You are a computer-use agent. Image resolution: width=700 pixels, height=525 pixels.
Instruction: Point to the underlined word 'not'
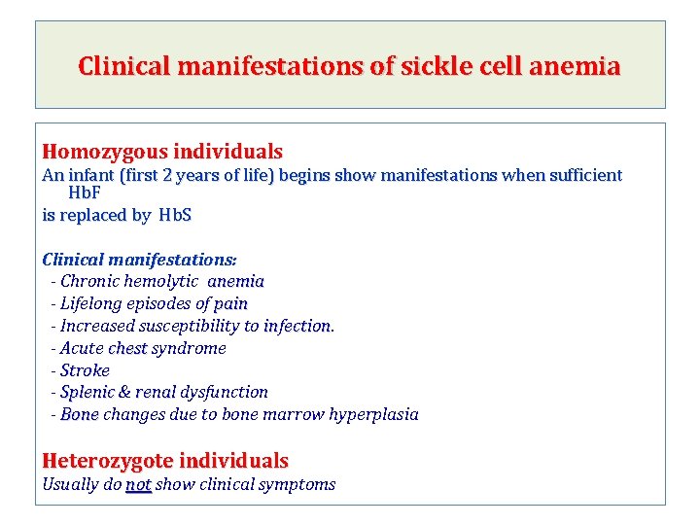[x=139, y=484]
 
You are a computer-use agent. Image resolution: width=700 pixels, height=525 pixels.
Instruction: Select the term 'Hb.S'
[x=172, y=215]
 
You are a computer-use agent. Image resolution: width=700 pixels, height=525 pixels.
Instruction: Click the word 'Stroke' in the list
[x=85, y=370]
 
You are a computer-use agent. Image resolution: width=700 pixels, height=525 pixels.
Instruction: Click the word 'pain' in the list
[x=230, y=303]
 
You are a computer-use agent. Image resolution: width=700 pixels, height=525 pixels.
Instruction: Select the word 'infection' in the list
[x=297, y=326]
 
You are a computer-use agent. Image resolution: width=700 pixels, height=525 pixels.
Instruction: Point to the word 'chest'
[x=127, y=348]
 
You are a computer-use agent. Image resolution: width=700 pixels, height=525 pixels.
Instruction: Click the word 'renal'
[x=156, y=392]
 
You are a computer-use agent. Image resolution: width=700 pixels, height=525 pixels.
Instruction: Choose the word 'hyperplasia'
[x=373, y=414]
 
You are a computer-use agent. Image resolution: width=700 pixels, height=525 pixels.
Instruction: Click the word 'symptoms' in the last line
[x=299, y=484]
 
